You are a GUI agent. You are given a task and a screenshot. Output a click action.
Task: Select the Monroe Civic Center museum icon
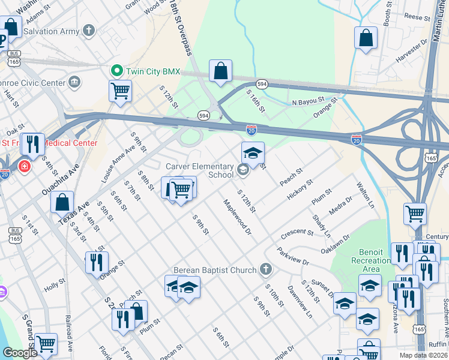[75, 82]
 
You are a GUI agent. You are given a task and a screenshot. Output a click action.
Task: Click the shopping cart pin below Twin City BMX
[120, 91]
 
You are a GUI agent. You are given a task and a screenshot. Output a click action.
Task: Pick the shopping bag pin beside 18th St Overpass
[221, 71]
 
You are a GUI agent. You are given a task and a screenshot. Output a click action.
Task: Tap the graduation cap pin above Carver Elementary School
[253, 153]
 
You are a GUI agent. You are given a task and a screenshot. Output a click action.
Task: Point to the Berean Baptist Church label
[215, 270]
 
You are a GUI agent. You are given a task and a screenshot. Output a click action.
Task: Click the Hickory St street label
[300, 190]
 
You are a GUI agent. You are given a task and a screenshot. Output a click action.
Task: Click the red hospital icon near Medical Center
[25, 166]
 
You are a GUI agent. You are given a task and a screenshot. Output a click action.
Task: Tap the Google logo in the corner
[20, 353]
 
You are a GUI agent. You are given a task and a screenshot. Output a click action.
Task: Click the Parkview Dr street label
[292, 256]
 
